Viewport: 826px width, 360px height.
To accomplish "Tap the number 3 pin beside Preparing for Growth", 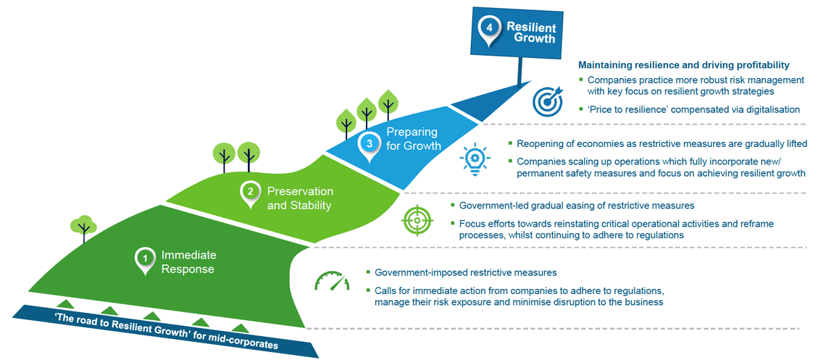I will click(370, 143).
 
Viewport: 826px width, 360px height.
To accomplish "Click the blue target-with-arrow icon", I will click(548, 101).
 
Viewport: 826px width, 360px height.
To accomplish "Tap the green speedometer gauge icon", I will click(331, 281).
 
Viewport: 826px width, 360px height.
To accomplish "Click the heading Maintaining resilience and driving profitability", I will click(683, 65).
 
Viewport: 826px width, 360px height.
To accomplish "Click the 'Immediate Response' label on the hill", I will click(188, 262).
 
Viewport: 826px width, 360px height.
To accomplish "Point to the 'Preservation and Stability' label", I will click(299, 198).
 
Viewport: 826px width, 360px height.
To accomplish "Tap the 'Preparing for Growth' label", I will click(413, 138).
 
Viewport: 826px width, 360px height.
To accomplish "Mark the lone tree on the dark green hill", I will click(83, 227).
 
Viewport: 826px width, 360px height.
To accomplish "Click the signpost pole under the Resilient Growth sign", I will click(518, 70).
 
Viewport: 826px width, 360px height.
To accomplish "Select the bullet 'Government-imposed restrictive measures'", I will click(465, 272).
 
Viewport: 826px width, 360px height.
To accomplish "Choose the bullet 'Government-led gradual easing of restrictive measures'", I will click(577, 206).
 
